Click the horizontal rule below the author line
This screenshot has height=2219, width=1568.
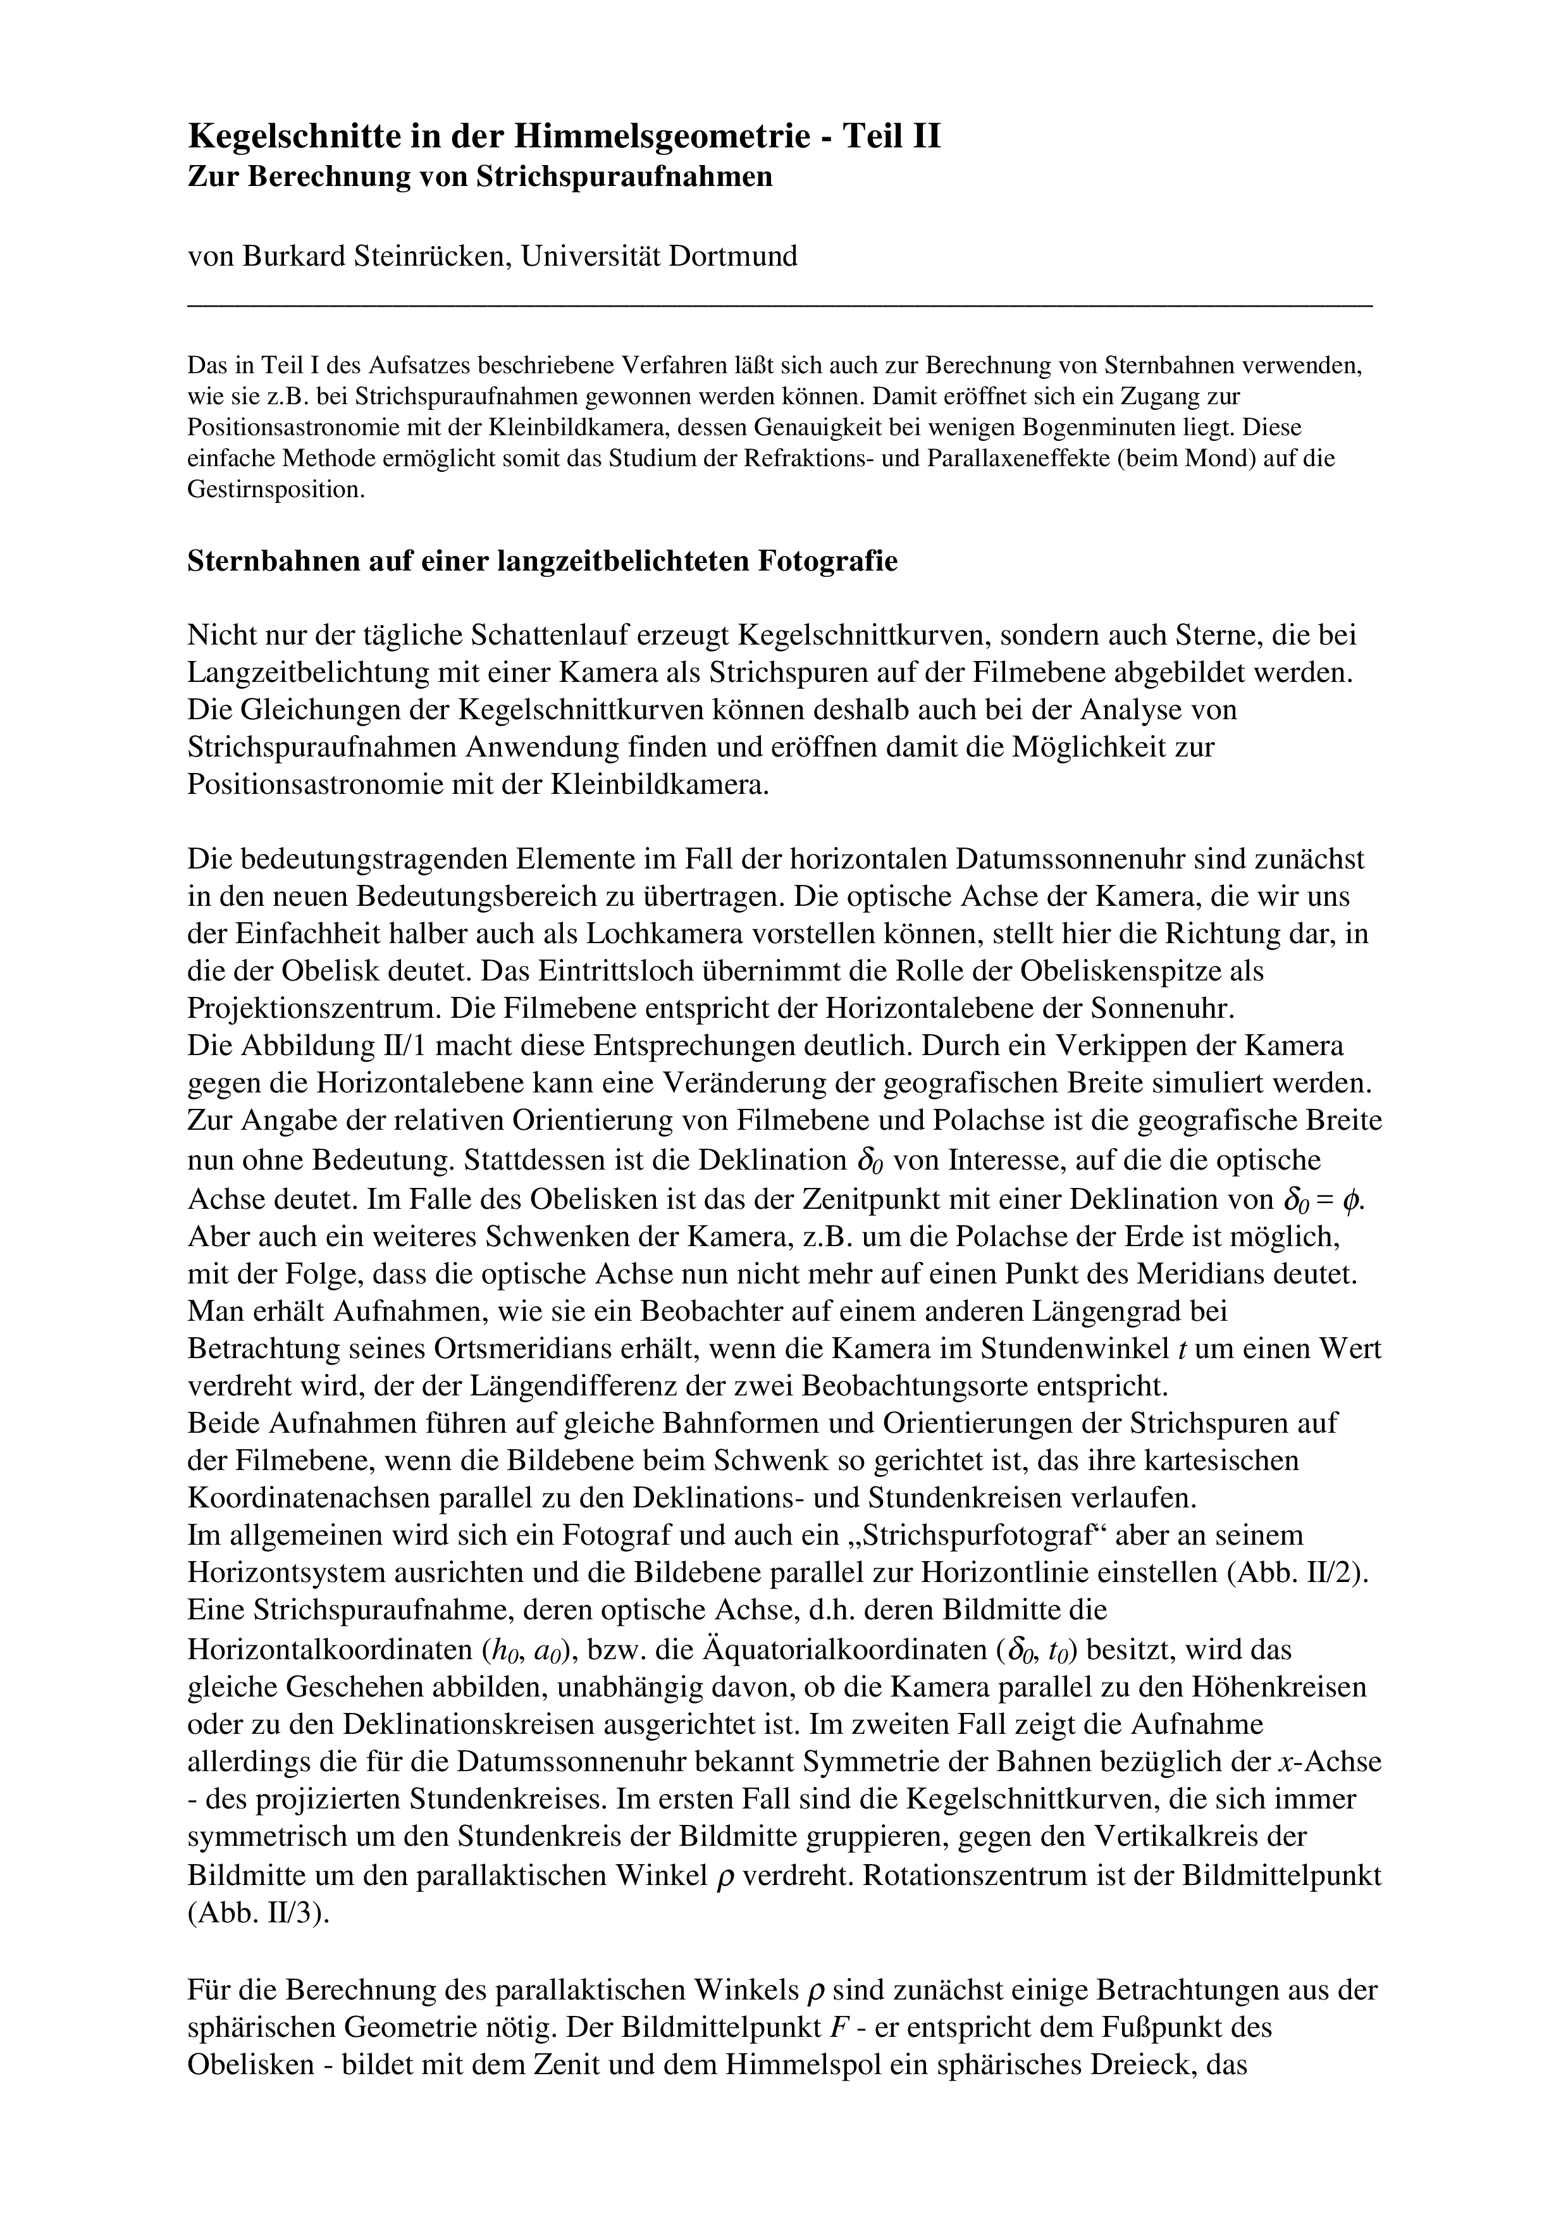[x=779, y=304]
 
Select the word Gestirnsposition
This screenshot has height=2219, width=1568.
[x=275, y=489]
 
